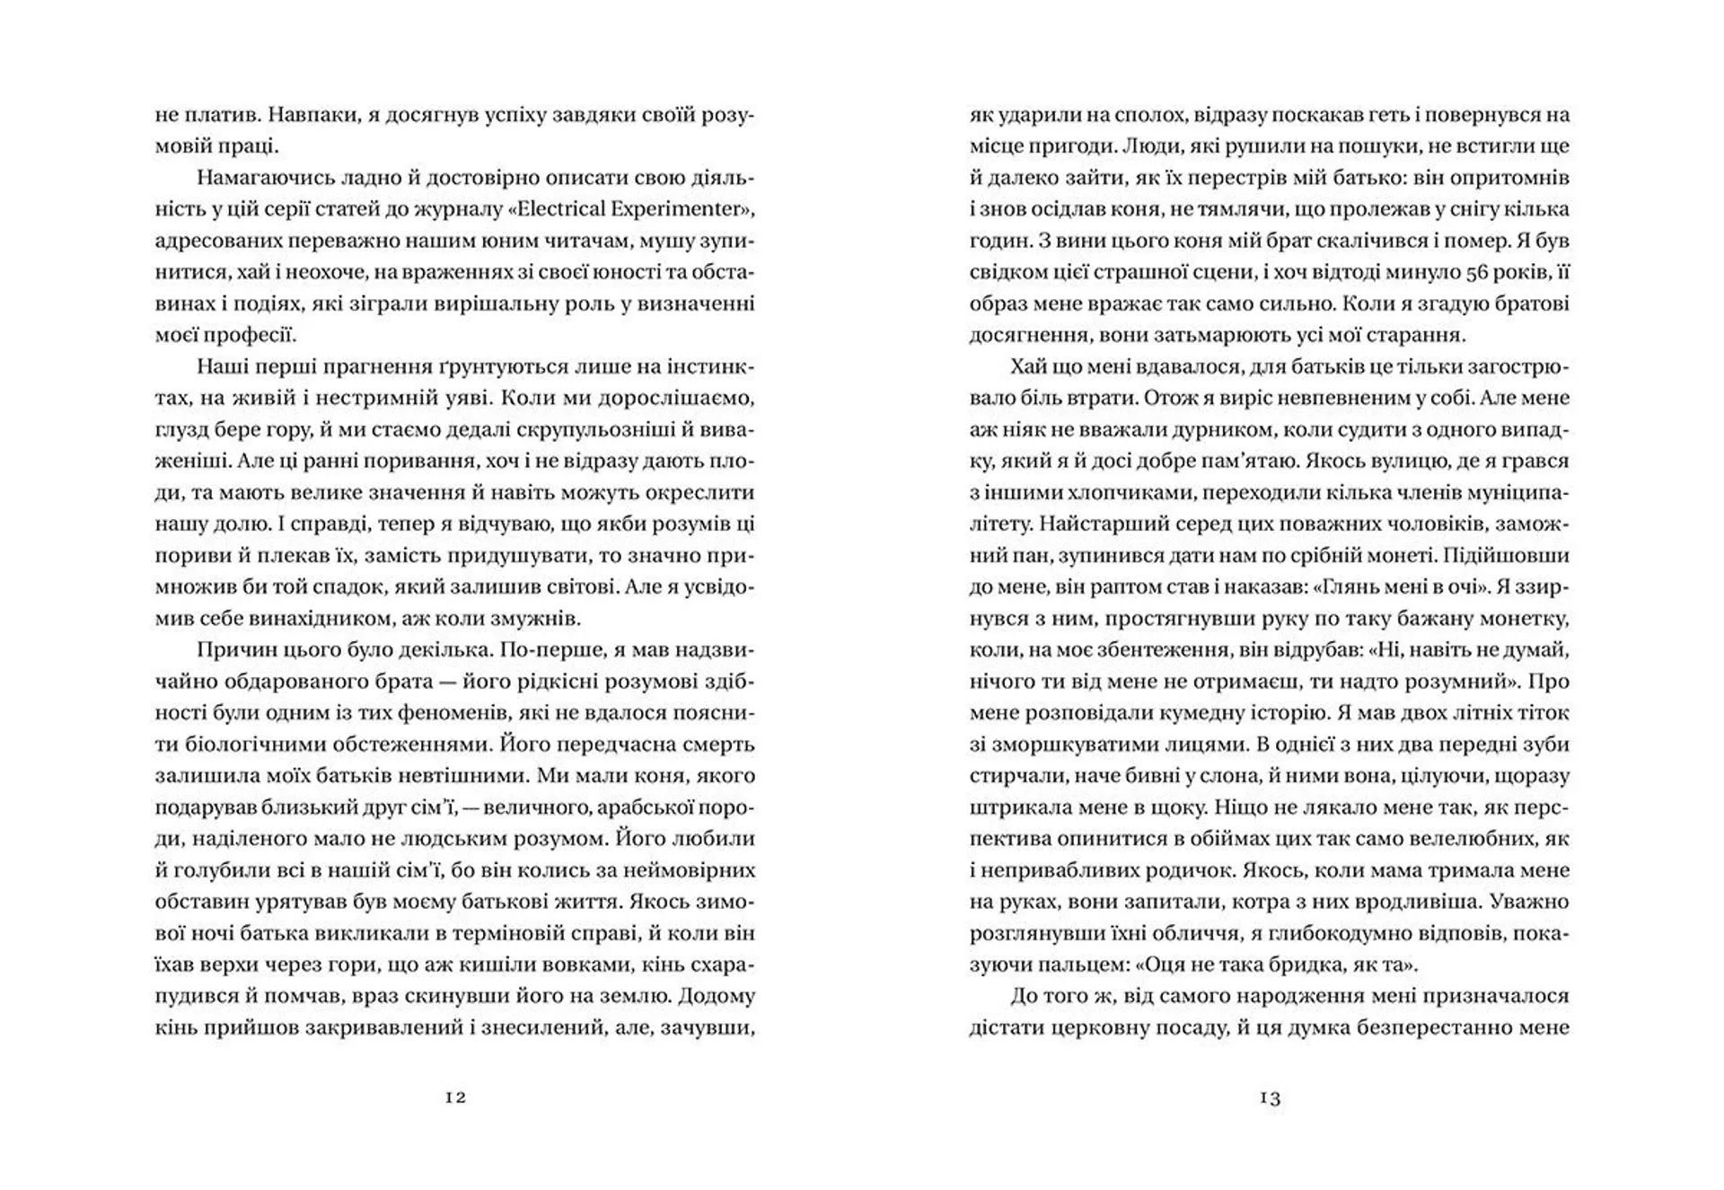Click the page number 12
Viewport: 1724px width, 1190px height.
[455, 1097]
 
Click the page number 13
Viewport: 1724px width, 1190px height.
[1270, 1097]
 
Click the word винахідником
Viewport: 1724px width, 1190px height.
[329, 618]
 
